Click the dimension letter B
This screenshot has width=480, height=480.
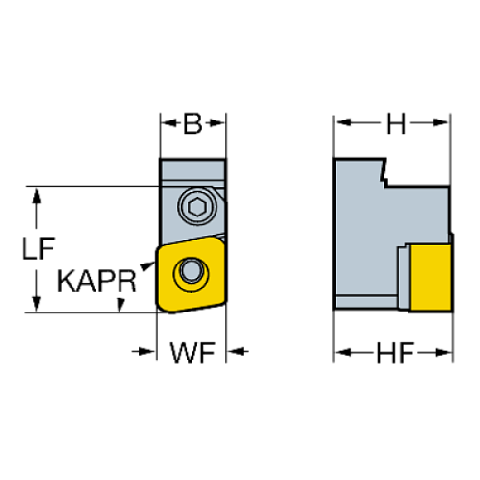tap(193, 124)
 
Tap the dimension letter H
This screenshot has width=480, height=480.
tap(394, 124)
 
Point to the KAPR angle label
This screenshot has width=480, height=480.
tap(96, 281)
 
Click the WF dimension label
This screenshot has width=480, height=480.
tap(193, 351)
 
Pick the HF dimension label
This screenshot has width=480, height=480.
tap(394, 351)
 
